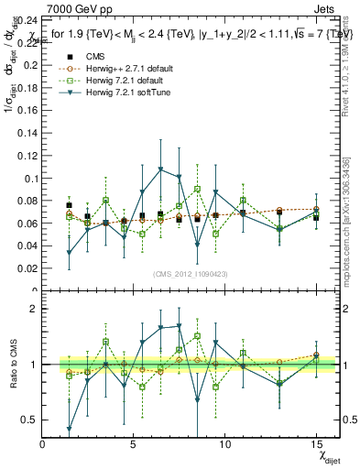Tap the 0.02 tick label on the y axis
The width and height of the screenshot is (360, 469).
point(27,268)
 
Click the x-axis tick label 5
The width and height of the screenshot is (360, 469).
point(134,445)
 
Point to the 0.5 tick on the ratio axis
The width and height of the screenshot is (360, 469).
point(28,420)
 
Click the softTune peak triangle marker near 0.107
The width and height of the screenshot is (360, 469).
point(160,169)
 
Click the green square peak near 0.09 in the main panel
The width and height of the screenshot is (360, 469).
point(197,189)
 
